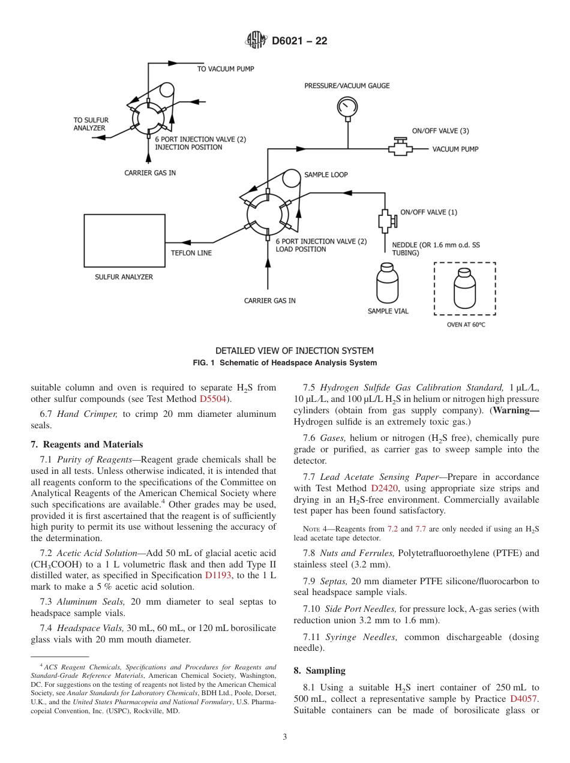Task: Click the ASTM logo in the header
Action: (256, 40)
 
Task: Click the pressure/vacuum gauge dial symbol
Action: (347, 106)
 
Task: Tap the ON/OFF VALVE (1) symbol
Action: (385, 222)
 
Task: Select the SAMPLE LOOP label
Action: (325, 175)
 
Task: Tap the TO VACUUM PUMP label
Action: (226, 69)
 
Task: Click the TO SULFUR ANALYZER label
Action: (91, 124)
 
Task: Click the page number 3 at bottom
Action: (285, 737)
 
